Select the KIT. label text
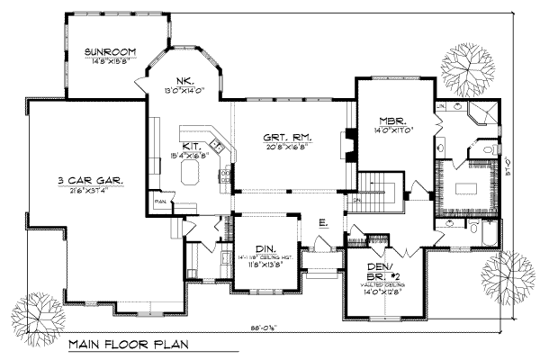192,144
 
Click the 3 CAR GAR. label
85,179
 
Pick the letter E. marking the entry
322,220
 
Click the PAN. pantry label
160,202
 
